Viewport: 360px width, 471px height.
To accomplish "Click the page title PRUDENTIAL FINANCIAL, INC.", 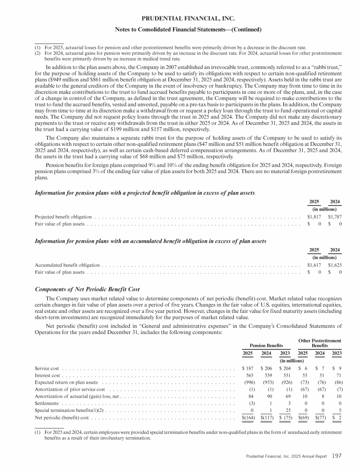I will (x=180, y=18).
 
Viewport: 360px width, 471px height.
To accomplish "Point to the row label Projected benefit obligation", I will (x=64, y=217).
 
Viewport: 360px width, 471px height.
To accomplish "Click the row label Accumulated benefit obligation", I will (x=67, y=265).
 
